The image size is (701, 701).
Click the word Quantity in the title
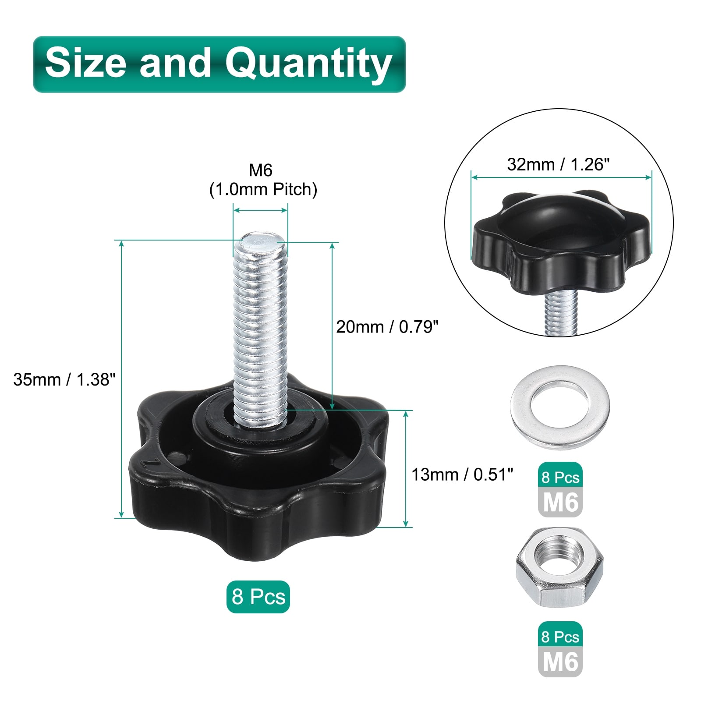308,64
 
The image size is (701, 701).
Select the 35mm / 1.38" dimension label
64,379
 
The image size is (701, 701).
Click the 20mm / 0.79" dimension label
387,327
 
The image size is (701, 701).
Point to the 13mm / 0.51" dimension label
462,474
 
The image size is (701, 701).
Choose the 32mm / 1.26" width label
558,165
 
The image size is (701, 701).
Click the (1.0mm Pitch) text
263,190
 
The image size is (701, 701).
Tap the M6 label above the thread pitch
261,170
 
